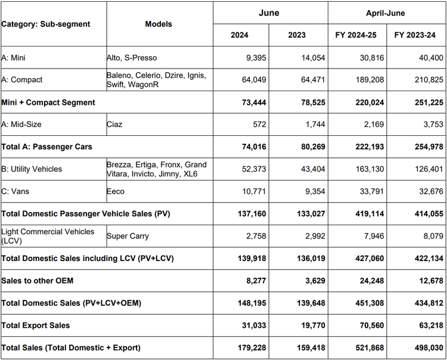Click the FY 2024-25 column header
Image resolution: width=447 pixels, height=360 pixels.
[x=356, y=35]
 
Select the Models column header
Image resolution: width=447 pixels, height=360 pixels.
[x=159, y=24]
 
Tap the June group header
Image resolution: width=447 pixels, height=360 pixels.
[x=269, y=13]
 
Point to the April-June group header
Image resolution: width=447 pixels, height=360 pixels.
[x=386, y=13]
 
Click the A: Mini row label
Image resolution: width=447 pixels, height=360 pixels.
[x=13, y=58]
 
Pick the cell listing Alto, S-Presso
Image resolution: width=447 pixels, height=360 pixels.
[x=132, y=58]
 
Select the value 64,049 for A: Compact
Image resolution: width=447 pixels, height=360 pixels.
[x=254, y=80]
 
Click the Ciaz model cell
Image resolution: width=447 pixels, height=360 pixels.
[x=114, y=125]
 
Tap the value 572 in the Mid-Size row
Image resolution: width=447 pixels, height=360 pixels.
[x=259, y=125]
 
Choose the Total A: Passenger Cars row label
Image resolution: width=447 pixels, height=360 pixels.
[x=46, y=147]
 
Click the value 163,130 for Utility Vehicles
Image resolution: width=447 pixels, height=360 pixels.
[x=370, y=169]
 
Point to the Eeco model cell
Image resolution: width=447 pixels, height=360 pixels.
[x=116, y=191]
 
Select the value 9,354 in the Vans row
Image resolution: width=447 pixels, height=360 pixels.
[x=315, y=191]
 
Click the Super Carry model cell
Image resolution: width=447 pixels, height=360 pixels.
[x=128, y=236]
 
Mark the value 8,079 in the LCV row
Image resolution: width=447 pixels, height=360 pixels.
[x=433, y=236]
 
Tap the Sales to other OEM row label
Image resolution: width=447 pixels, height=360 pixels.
[x=38, y=281]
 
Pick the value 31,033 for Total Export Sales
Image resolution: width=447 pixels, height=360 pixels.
[x=254, y=325]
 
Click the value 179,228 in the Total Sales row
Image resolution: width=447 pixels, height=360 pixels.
[x=252, y=348]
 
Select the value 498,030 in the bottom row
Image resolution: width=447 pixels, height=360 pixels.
[x=429, y=348]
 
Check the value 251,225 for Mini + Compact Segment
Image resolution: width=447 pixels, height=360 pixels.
[x=429, y=103]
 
